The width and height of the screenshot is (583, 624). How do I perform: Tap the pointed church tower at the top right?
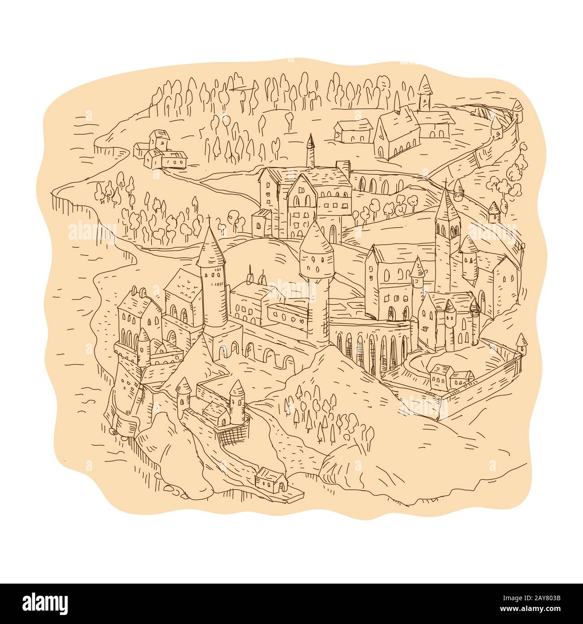click(423, 92)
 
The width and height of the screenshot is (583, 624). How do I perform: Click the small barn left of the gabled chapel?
click(353, 129)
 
